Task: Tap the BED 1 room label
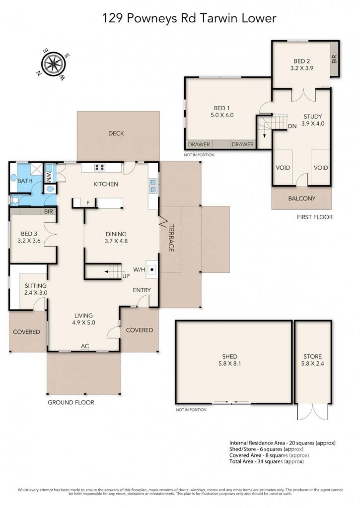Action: pyautogui.click(x=222, y=108)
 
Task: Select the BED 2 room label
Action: pyautogui.click(x=301, y=61)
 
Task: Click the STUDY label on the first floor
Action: pyautogui.click(x=313, y=117)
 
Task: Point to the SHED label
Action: pyautogui.click(x=229, y=356)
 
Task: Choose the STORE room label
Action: pyautogui.click(x=312, y=356)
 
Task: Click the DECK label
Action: pyautogui.click(x=116, y=133)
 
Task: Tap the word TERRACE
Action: pyautogui.click(x=171, y=238)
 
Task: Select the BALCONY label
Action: pyautogui.click(x=301, y=198)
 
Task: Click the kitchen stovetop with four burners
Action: pyautogui.click(x=100, y=167)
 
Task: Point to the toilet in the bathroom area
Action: pyautogui.click(x=14, y=200)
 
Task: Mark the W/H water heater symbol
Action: pyautogui.click(x=152, y=269)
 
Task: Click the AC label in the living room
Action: pyautogui.click(x=84, y=346)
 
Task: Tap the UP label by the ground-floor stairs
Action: pyautogui.click(x=126, y=276)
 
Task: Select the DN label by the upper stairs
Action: pyautogui.click(x=292, y=126)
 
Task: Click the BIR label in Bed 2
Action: pyautogui.click(x=334, y=59)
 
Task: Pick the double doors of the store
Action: pyautogui.click(x=313, y=411)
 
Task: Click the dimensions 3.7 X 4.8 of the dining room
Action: pyautogui.click(x=116, y=241)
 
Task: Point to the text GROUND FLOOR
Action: pyautogui.click(x=71, y=402)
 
